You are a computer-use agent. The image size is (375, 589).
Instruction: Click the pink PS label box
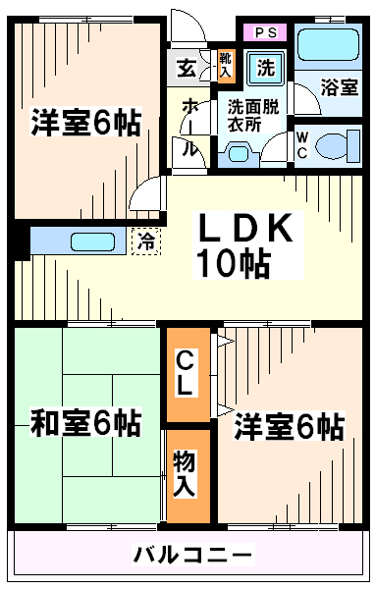[x=264, y=32]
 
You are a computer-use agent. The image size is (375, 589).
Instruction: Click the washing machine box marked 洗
[x=265, y=69]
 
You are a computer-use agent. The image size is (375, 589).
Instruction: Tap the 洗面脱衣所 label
[x=254, y=116]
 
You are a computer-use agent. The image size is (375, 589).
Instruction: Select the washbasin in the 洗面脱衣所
[x=240, y=152]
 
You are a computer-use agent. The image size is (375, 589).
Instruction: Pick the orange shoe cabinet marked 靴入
[x=224, y=66]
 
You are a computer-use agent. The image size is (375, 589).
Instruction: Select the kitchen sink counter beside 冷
[x=80, y=240]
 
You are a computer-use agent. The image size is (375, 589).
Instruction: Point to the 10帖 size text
[x=232, y=262]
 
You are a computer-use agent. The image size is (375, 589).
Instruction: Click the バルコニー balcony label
[x=193, y=557]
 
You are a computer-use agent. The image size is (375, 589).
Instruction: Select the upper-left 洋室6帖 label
[x=85, y=124]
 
